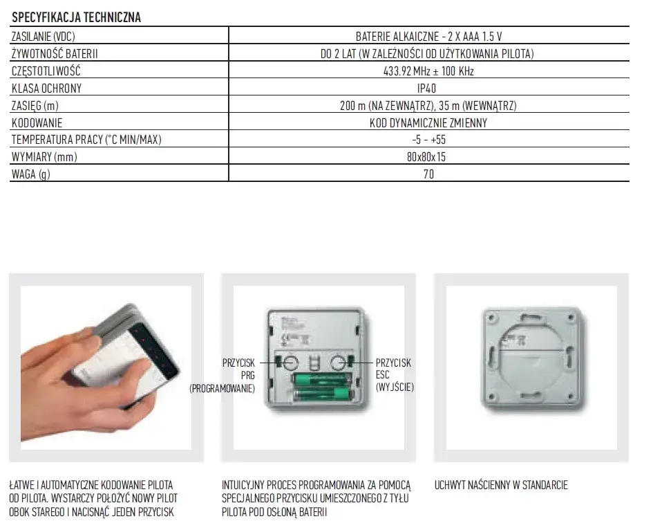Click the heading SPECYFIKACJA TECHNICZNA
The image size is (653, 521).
coord(76,17)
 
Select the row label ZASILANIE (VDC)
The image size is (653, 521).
coord(44,37)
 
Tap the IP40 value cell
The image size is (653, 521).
coord(427,89)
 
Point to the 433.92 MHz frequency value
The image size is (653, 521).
coord(428,71)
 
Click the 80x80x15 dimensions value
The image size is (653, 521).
coord(426,157)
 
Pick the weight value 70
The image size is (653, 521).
coord(428,174)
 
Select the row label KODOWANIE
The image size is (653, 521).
coord(37,123)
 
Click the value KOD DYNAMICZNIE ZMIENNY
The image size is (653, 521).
coord(428,123)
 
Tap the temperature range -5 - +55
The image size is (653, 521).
coord(428,140)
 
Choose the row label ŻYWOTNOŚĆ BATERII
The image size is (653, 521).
coord(55,54)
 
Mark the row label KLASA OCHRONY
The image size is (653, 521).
coord(47,89)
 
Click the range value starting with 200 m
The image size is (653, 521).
coord(428,106)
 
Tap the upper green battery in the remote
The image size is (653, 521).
coord(322,380)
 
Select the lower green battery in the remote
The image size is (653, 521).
coord(322,394)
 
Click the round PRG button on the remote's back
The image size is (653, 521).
coord(291,363)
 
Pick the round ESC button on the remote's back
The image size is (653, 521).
coord(339,363)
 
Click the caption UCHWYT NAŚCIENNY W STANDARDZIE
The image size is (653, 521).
coord(501,485)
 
